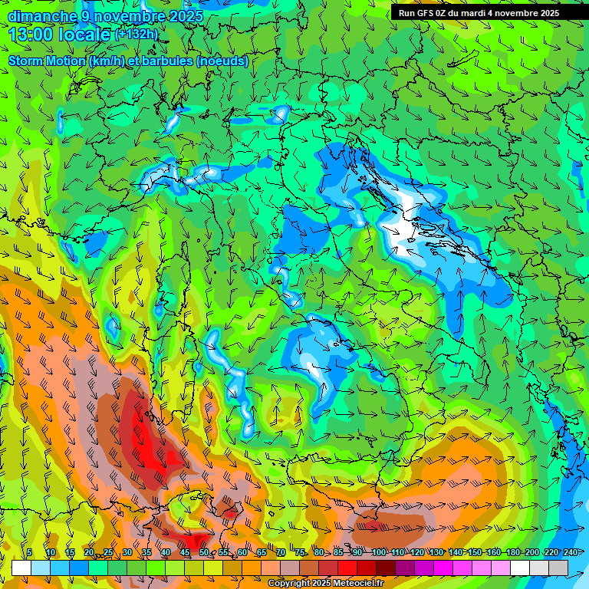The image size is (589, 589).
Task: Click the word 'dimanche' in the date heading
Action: click(42, 16)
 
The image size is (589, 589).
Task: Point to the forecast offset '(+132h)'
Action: click(137, 34)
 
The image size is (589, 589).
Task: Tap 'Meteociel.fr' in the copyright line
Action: click(358, 584)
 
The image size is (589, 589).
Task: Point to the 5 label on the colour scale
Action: click(29, 553)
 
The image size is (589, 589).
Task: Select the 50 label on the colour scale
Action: click(203, 553)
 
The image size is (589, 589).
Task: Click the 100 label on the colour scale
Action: click(378, 553)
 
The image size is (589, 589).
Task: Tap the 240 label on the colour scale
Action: click(570, 553)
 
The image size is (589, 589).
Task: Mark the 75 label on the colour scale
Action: click(300, 553)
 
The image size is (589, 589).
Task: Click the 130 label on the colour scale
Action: click(436, 553)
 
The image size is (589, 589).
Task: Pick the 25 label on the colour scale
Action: click(107, 553)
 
